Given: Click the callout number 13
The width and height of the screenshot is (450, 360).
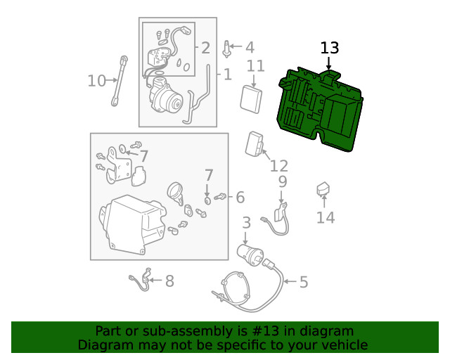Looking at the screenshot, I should pos(330,49).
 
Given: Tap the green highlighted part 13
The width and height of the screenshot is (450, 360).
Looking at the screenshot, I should pos(320,109).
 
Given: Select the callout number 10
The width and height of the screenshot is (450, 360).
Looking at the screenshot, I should pos(96,81).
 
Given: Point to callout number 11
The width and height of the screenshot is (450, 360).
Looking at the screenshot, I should pos(255,66).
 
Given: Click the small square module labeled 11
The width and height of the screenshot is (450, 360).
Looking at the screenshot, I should pos(250,98).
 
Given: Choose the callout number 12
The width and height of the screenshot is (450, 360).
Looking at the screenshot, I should pos(279,166).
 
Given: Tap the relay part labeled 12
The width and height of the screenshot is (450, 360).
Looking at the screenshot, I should pos(254,145).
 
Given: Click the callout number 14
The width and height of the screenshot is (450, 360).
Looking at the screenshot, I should pos(326,218).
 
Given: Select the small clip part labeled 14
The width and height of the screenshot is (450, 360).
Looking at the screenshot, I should pos(323,189).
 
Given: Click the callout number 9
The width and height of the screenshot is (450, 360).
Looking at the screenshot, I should pos(282,182).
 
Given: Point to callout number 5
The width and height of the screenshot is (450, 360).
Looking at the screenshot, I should pos(304,283).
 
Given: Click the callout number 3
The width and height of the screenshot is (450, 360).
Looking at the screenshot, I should pos(246,224).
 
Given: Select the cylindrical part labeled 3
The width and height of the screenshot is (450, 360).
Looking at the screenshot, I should pos(252,253).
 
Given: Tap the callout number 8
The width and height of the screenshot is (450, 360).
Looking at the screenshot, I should pos(169,281).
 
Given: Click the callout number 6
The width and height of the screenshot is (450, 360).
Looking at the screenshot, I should pos(240,197).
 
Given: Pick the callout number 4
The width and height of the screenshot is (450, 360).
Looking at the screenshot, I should pos(250,48).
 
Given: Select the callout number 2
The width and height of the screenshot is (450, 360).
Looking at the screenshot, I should pos(205,48).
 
